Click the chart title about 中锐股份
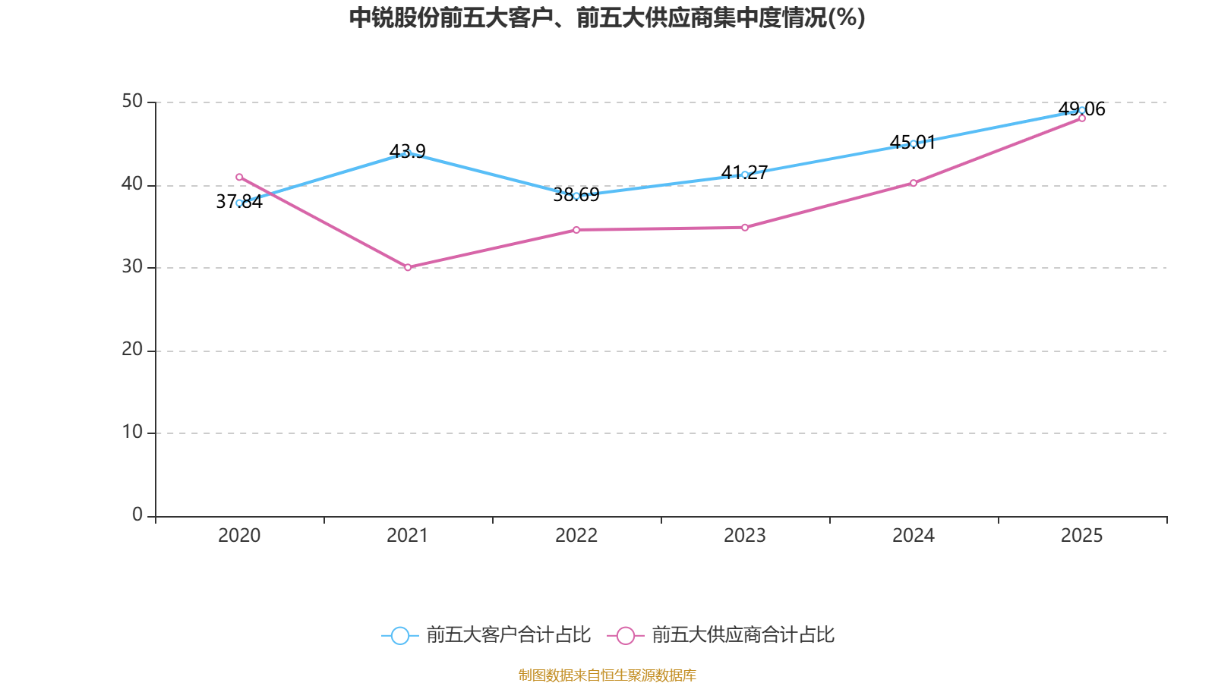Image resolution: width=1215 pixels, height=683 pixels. tap(607, 17)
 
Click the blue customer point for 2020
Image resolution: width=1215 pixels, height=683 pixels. tap(239, 203)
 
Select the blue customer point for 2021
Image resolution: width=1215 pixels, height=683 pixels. tap(408, 153)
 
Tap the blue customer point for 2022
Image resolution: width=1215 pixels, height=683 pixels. tap(576, 196)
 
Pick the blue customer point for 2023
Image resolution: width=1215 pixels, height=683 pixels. tap(745, 175)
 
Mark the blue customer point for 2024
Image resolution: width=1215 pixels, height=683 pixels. tap(914, 143)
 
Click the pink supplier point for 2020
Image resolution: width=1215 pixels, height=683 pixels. tap(239, 177)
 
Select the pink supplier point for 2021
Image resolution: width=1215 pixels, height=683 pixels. tap(408, 267)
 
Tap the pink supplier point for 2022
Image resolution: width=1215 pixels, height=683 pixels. tap(576, 229)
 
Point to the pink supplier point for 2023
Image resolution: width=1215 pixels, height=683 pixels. tap(745, 227)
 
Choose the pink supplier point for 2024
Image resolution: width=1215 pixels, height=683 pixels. tap(914, 183)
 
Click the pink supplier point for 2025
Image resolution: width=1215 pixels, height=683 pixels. tap(1082, 118)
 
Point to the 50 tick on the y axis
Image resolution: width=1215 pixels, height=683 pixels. tap(132, 102)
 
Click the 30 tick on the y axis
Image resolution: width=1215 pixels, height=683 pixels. tap(132, 267)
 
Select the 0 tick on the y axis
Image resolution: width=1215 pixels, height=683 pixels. tap(137, 515)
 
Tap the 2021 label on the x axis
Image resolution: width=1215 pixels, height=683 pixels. tap(408, 536)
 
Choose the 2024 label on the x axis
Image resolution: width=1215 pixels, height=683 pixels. tap(914, 536)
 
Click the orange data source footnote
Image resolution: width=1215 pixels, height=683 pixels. tap(607, 675)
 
